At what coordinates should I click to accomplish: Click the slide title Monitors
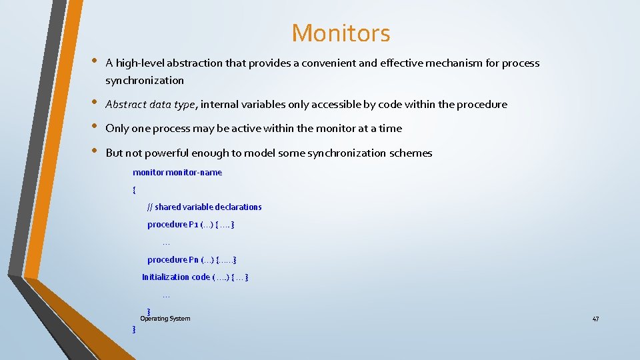pos(341,33)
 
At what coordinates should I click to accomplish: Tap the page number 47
pos(595,319)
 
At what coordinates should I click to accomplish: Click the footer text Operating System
pos(165,319)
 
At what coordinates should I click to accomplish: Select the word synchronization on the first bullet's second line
pos(145,81)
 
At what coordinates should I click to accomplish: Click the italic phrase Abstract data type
pos(151,105)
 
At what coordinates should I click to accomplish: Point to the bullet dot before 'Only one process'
pos(91,127)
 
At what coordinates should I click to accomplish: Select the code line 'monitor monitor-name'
pos(177,173)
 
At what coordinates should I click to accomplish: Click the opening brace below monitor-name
pos(135,190)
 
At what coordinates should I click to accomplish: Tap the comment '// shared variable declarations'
pos(205,207)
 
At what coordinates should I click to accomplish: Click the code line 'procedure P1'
pos(191,225)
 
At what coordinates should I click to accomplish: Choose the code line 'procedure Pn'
pos(192,259)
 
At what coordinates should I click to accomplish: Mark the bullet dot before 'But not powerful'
pos(91,152)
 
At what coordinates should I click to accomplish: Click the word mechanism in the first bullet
pos(451,63)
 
